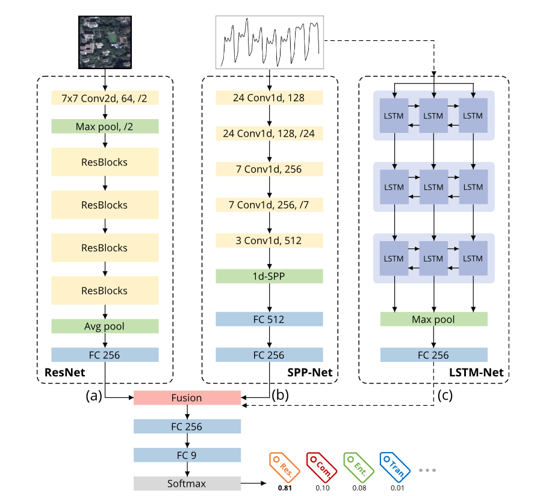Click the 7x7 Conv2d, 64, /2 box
105,97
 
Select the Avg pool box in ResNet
105,326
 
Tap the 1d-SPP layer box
269,276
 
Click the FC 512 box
269,319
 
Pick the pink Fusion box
187,397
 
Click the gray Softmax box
187,483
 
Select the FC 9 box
187,455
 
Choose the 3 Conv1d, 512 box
269,240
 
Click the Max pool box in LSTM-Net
433,319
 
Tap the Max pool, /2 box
105,126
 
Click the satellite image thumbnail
105,41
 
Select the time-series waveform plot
270,41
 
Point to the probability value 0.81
284,488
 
